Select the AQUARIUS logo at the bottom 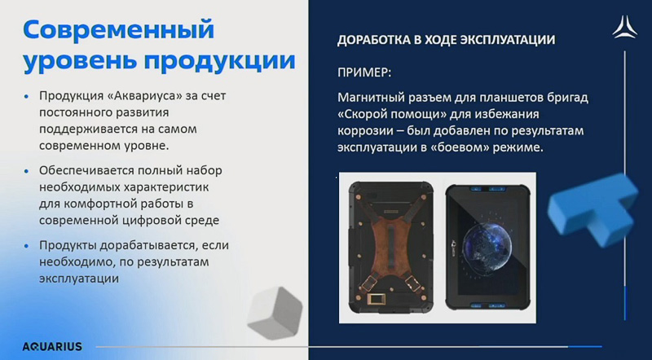point(52,346)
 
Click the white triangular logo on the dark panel point(624,28)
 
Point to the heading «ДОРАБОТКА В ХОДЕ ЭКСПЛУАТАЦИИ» point(446,40)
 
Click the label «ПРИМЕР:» point(364,72)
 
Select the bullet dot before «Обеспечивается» point(27,171)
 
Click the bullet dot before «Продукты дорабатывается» point(27,246)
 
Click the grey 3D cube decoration point(275,313)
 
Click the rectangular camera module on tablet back point(378,299)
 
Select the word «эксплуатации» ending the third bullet point(79,279)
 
